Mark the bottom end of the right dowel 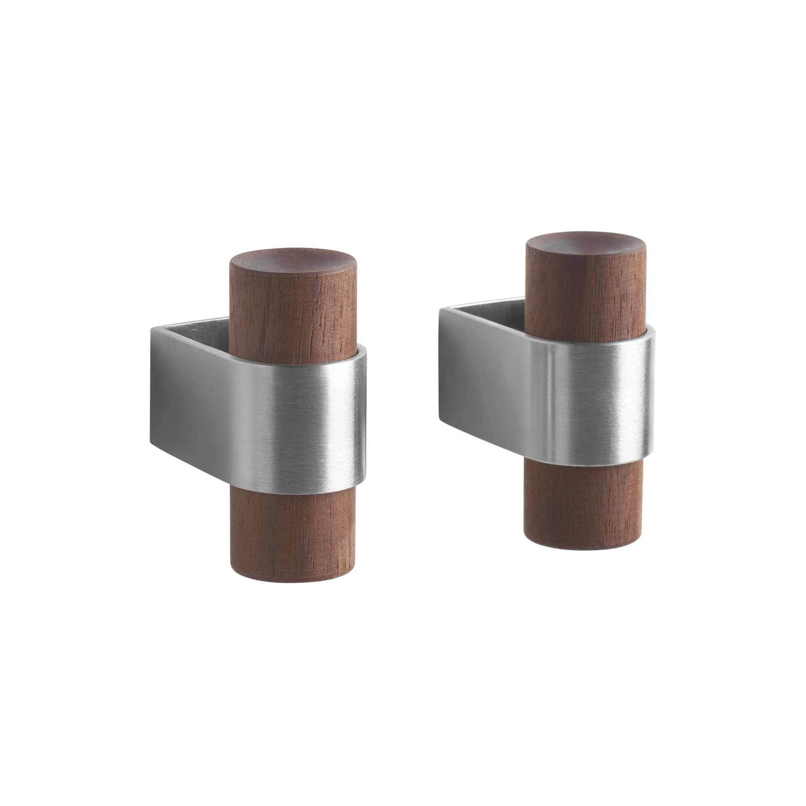click(x=584, y=544)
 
